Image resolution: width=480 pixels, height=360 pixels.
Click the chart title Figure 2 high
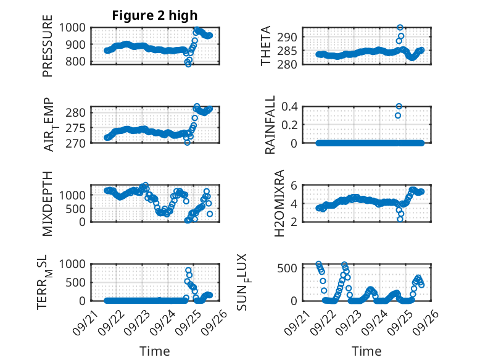pyautogui.click(x=155, y=15)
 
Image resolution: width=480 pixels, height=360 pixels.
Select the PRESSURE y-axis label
pyautogui.click(x=48, y=50)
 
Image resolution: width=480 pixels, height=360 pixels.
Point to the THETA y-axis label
pyautogui.click(x=266, y=46)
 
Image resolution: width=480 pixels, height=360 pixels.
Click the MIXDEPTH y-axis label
pyautogui.click(x=48, y=203)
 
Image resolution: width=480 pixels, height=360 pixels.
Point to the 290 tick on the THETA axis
pyautogui.click(x=292, y=37)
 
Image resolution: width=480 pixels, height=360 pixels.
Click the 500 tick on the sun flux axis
pyautogui.click(x=292, y=267)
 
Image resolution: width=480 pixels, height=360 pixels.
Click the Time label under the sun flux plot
pyautogui.click(x=366, y=351)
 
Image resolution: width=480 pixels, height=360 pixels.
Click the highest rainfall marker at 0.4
pyautogui.click(x=399, y=106)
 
